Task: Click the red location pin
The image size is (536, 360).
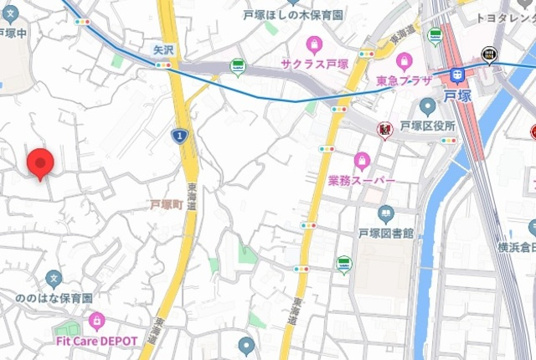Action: point(39,162)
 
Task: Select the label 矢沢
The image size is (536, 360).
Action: point(163,50)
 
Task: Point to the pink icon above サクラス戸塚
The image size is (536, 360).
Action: point(314,43)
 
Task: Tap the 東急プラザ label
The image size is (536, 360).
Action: point(404,80)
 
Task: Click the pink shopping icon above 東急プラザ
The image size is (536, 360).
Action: point(405,60)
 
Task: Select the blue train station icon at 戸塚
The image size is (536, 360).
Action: point(456,75)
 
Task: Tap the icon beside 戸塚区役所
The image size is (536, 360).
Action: point(428,106)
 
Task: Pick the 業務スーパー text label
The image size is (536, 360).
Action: point(362,180)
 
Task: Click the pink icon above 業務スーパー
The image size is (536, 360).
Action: point(362,160)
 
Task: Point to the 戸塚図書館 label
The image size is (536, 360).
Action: point(386,233)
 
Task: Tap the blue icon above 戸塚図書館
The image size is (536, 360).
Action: point(386,213)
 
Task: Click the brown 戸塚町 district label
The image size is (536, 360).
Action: point(167,204)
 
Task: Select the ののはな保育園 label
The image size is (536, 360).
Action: point(54,298)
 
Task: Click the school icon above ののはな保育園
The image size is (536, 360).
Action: point(54,278)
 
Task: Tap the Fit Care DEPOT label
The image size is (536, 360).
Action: point(97,341)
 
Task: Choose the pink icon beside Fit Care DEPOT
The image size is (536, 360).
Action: point(97,321)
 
